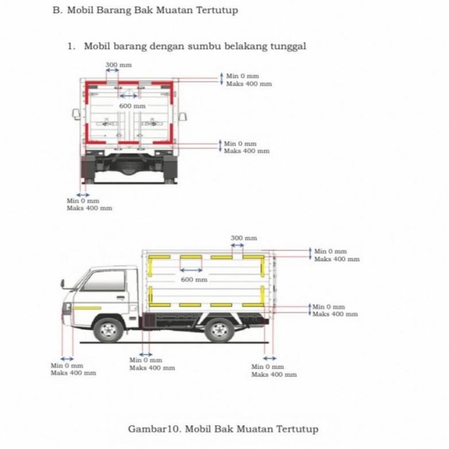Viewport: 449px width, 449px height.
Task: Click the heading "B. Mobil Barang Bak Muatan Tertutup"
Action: tap(145, 11)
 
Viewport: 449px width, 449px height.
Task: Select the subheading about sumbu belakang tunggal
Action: tap(195, 47)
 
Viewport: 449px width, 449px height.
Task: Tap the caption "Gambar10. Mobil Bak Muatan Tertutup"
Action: tap(223, 429)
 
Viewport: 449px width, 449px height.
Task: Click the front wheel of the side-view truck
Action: tap(109, 330)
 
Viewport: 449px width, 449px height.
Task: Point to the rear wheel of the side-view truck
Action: tap(219, 330)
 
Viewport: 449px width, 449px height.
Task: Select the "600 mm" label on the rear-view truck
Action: tap(132, 106)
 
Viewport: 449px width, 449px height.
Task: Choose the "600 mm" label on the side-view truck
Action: tap(193, 280)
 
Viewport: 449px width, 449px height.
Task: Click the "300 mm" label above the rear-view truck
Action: tap(118, 65)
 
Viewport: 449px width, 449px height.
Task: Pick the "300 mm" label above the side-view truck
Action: tap(243, 238)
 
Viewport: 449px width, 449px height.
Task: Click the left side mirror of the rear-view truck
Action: tap(76, 114)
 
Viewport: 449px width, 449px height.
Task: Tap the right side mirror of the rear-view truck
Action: tap(183, 117)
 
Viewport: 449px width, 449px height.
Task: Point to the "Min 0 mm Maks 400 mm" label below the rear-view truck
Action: tap(89, 204)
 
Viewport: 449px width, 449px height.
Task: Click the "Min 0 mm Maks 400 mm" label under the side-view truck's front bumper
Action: tap(73, 369)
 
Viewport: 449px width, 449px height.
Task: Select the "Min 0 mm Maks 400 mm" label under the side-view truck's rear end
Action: tap(274, 370)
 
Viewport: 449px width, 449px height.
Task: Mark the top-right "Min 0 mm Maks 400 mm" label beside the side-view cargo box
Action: tap(336, 256)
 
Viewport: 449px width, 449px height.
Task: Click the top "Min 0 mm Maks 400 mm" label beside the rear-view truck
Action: tap(249, 80)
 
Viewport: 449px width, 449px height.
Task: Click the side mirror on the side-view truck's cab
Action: tap(63, 283)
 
